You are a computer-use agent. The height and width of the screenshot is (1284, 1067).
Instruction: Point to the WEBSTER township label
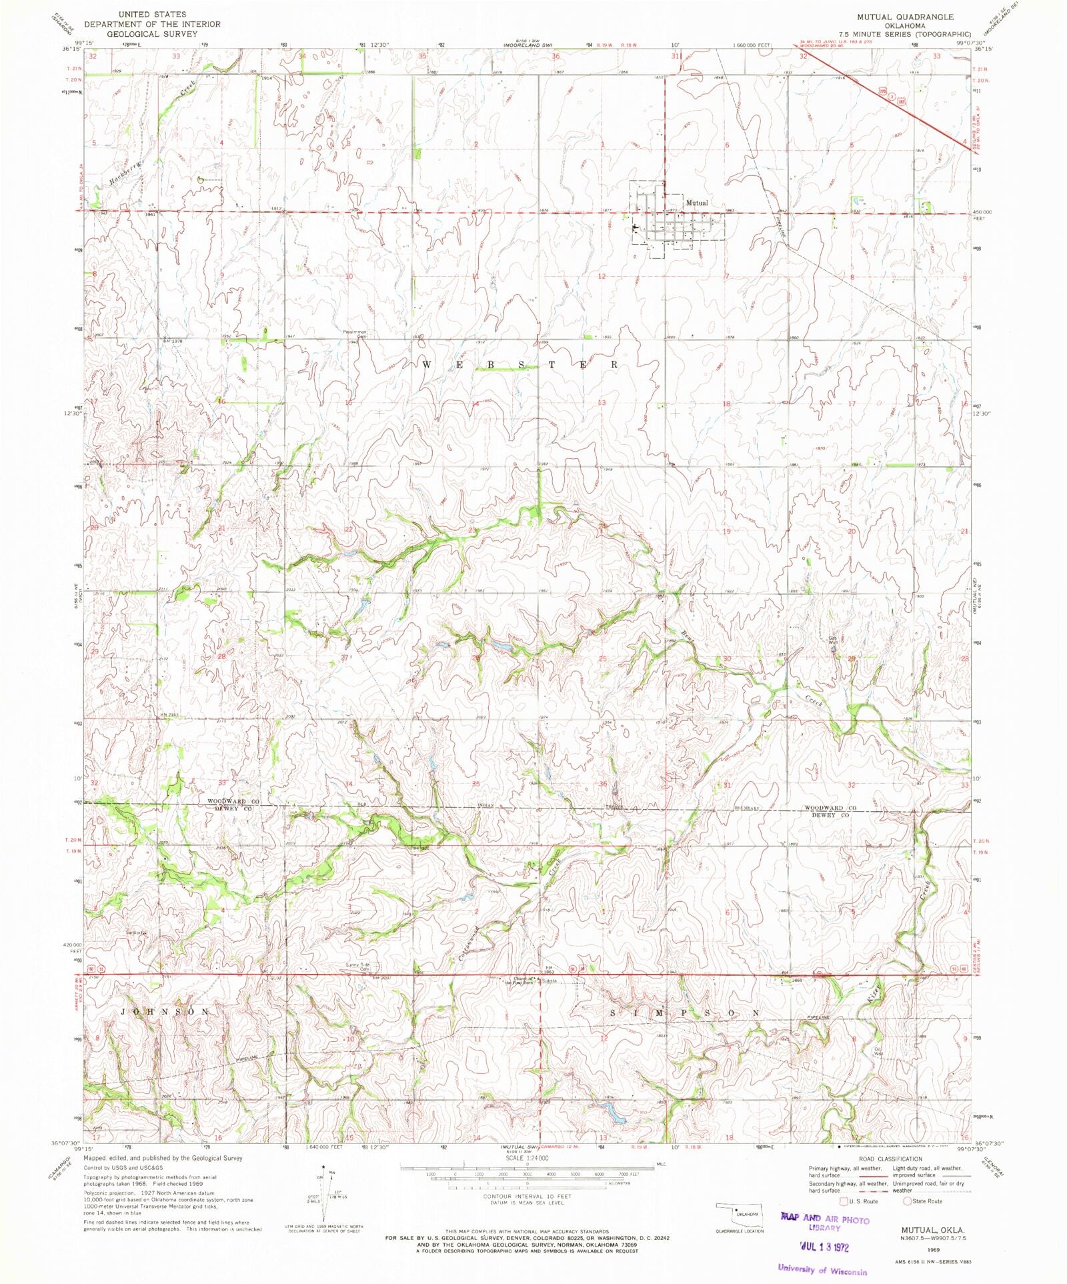[x=520, y=365]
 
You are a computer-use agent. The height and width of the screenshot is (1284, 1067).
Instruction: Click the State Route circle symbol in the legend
[x=908, y=1201]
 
